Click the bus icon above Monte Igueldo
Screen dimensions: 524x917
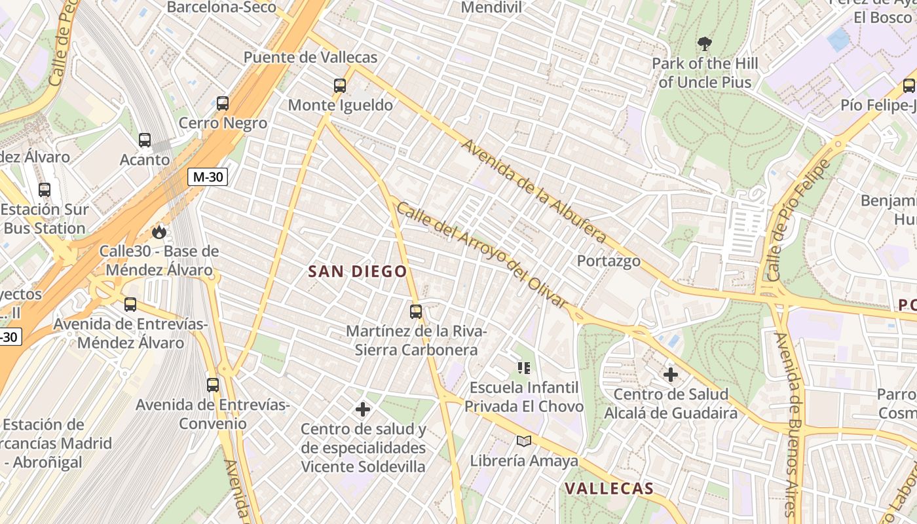[339, 85]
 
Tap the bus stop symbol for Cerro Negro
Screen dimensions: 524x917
[223, 103]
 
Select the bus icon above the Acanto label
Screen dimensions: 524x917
[145, 140]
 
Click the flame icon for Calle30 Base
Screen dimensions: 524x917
[159, 231]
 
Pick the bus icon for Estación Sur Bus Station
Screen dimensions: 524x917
[45, 189]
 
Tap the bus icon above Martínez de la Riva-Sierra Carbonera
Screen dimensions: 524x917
[416, 311]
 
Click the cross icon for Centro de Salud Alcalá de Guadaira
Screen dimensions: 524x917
[671, 375]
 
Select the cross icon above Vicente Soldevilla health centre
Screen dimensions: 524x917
[363, 409]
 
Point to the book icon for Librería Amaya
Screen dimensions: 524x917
[523, 441]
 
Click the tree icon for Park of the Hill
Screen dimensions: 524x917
[705, 44]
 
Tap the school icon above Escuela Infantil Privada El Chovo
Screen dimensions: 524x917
[523, 367]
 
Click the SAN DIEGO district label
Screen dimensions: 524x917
[358, 271]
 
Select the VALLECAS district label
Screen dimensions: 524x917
[609, 488]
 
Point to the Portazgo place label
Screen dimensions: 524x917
[608, 261]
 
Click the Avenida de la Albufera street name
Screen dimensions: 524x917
[533, 191]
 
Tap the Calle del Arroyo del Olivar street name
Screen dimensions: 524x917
[481, 255]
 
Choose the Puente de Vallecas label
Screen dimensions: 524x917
[310, 57]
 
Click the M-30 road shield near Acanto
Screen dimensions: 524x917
[208, 176]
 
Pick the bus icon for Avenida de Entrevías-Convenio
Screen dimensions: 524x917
[213, 384]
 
